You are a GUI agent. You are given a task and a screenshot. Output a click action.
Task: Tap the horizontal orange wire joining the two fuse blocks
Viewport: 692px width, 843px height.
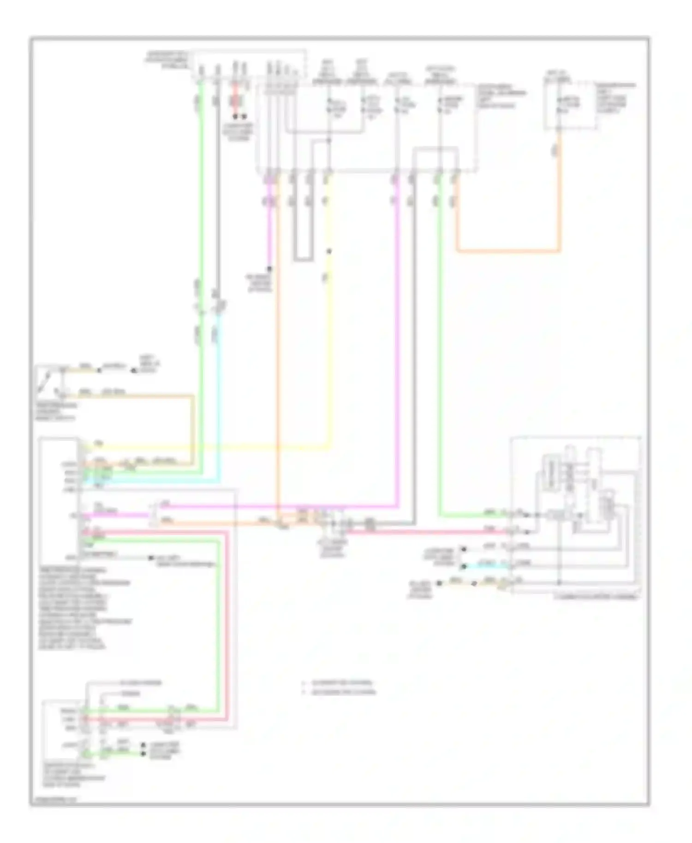pos(507,251)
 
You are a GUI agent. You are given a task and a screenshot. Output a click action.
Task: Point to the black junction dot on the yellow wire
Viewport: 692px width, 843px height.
pos(329,251)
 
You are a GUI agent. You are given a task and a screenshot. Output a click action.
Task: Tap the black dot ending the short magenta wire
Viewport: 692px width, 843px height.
pos(270,268)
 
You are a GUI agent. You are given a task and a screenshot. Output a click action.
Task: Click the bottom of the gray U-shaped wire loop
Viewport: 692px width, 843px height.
pos(302,260)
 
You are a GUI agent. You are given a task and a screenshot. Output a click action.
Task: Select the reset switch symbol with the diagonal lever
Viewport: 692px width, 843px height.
pos(46,381)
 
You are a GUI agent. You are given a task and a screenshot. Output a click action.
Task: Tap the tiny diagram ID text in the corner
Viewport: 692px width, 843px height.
pos(51,801)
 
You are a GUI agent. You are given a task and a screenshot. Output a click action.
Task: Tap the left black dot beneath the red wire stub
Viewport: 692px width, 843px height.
pos(235,117)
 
